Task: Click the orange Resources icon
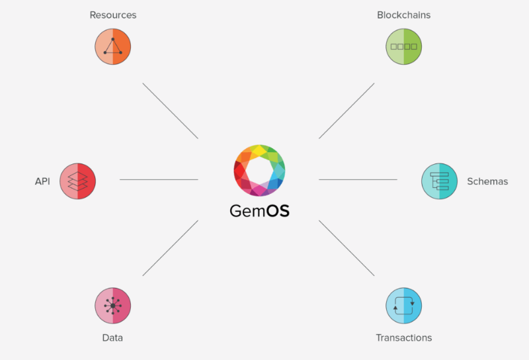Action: click(112, 46)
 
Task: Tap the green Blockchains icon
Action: click(404, 46)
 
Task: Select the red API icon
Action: click(78, 181)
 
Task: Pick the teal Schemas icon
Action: click(440, 181)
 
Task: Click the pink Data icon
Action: click(112, 305)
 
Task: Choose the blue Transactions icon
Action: click(404, 305)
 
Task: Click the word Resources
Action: click(112, 15)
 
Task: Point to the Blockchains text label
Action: click(403, 15)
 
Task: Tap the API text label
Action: click(42, 181)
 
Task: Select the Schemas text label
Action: click(487, 181)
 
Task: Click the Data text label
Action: click(112, 337)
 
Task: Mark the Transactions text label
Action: click(403, 337)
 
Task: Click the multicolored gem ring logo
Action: click(259, 170)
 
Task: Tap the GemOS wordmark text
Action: click(259, 211)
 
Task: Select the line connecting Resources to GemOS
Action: click(170, 111)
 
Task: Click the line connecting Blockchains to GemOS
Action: click(346, 111)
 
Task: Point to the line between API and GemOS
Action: click(159, 179)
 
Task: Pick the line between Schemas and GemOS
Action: click(358, 179)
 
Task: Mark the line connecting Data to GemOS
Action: click(170, 248)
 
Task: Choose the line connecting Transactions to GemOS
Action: click(346, 248)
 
